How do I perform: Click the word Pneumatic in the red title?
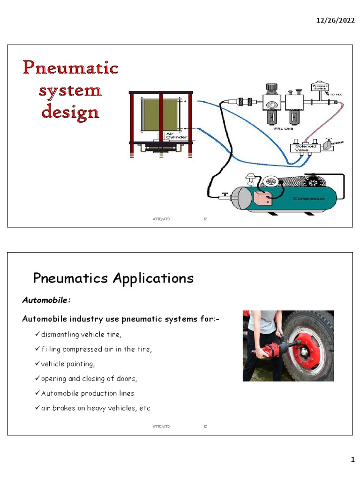pyautogui.click(x=71, y=68)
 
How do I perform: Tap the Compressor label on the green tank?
pyautogui.click(x=309, y=198)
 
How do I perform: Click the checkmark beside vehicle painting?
pyautogui.click(x=37, y=364)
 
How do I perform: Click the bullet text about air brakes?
pyautogui.click(x=96, y=408)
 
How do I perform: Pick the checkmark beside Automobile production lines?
pyautogui.click(x=37, y=393)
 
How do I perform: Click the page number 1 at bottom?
pyautogui.click(x=353, y=460)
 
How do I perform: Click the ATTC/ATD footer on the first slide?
pyautogui.click(x=161, y=218)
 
